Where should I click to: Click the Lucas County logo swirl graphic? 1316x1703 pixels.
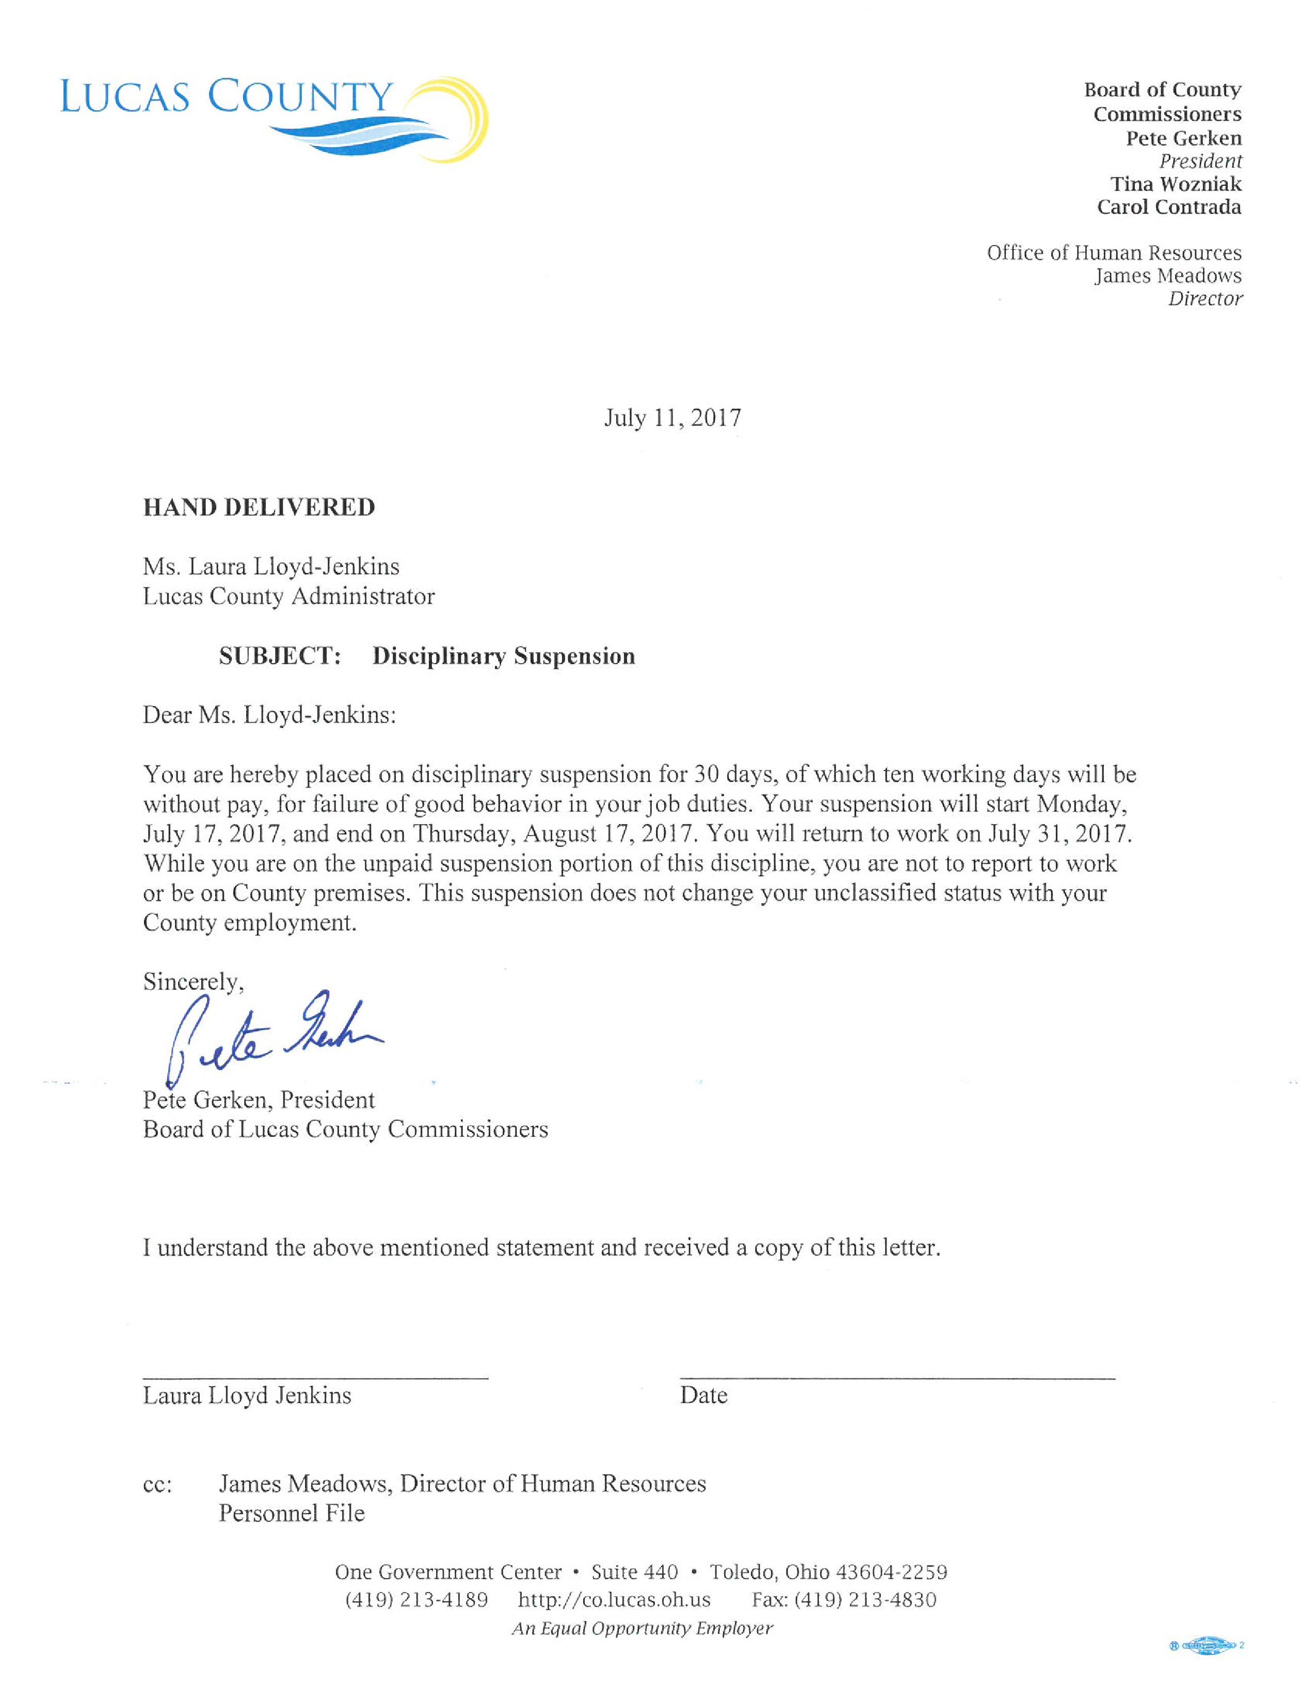tap(437, 121)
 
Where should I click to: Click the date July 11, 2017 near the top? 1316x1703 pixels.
tap(672, 418)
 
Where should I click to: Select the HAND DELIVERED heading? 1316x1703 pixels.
tap(259, 508)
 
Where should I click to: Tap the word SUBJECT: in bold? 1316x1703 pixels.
tap(280, 656)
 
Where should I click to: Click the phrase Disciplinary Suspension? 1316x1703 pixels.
tap(504, 656)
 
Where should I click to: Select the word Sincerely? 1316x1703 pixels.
tap(192, 982)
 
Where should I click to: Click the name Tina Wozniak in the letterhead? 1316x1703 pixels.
tap(1176, 184)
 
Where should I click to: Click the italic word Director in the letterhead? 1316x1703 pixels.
tap(1205, 299)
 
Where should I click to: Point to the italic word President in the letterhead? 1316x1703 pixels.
tap(1200, 162)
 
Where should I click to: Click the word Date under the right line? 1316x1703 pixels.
tap(703, 1396)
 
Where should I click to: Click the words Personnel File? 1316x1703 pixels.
tap(292, 1514)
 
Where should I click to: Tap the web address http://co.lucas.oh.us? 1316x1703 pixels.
tap(614, 1600)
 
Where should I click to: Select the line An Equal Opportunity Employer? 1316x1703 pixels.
tap(641, 1628)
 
